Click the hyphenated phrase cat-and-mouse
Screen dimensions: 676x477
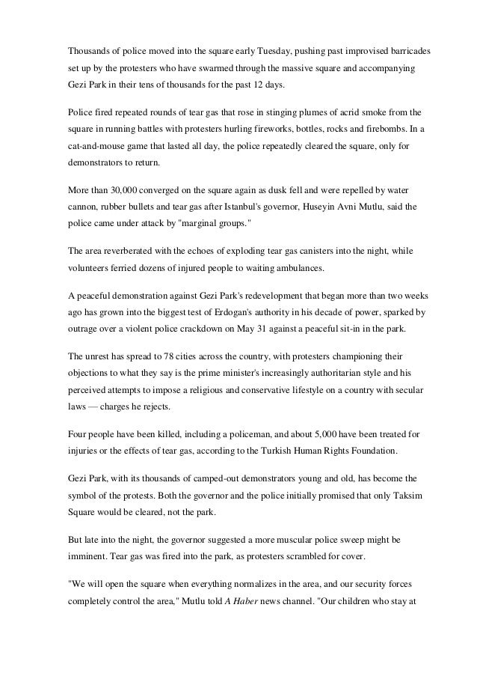[94, 149]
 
